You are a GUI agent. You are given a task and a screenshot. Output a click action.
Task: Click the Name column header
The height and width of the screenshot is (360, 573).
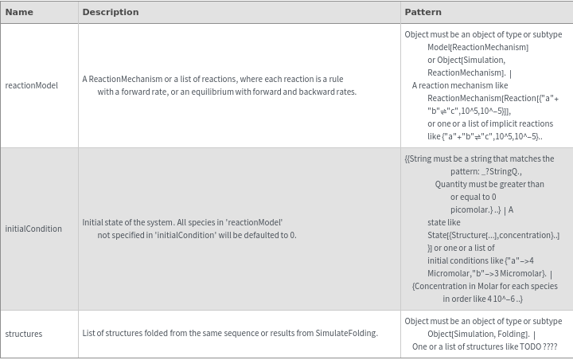19,12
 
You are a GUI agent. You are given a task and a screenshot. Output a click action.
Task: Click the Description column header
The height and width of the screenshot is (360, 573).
110,12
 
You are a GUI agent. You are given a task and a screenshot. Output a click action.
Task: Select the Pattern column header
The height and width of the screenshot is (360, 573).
423,12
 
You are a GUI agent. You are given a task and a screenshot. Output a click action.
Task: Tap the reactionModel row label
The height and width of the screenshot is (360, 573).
31,85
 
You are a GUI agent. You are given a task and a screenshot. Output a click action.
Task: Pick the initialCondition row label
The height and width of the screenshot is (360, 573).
33,229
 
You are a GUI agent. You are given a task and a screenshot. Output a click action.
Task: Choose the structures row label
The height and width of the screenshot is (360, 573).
24,334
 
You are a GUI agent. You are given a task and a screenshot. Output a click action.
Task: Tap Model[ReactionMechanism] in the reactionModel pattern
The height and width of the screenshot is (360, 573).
477,47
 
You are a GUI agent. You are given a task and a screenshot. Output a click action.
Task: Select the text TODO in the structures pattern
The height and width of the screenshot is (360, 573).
530,346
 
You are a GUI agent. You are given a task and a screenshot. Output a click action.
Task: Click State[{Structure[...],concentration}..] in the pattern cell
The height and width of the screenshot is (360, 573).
493,235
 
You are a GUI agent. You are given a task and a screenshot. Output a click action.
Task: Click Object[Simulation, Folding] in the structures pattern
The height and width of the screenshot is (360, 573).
477,334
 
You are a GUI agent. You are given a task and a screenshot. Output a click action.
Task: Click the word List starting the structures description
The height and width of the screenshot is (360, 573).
90,334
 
